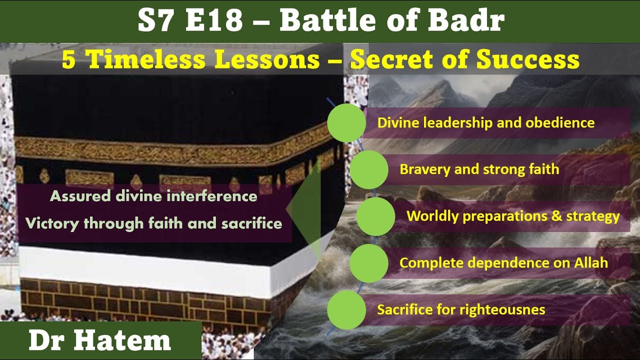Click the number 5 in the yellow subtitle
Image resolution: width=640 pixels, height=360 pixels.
69,59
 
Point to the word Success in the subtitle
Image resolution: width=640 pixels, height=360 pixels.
528,59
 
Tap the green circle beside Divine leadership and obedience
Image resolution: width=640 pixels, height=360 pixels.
346,122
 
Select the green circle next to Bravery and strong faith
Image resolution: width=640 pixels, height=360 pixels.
369,169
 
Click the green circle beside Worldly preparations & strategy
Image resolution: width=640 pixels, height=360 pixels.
375,216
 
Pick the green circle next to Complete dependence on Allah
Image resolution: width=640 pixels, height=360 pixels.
369,263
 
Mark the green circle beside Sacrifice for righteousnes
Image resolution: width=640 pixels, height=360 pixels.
346,309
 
